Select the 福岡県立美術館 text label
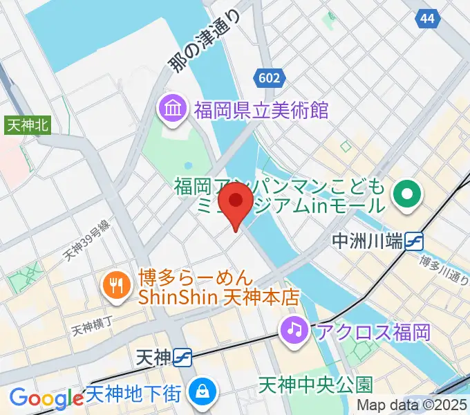(x=261, y=109)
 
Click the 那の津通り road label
(x=205, y=43)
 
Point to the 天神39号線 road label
(x=87, y=240)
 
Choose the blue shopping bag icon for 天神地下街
(x=204, y=393)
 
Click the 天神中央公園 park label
(x=316, y=385)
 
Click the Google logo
(x=46, y=398)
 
